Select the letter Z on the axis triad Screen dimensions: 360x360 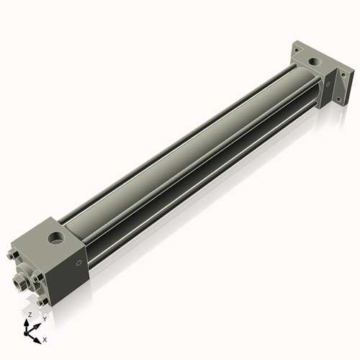point(30,315)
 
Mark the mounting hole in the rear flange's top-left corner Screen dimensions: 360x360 point(296,48)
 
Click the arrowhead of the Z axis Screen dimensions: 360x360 point(29,321)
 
